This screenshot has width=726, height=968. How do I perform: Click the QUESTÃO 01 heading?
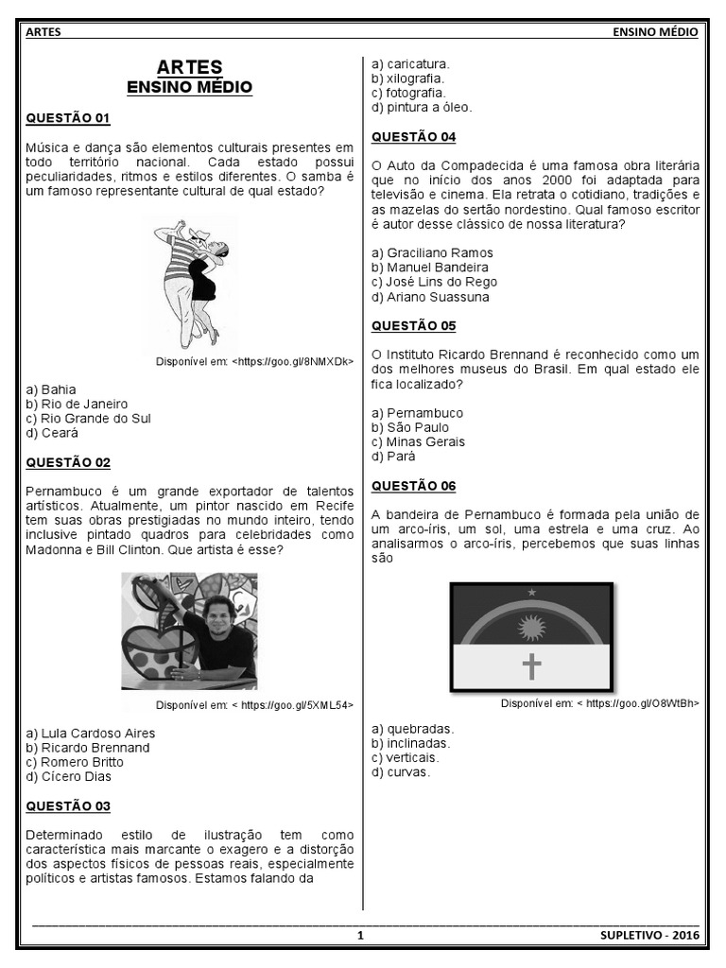68,118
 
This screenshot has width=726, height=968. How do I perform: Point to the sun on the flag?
530,626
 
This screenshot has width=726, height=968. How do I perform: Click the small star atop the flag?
531,592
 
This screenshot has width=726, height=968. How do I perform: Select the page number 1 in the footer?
360,936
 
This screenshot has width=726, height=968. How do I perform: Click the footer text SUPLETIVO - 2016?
649,936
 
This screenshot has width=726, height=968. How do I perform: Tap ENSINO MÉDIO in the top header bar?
655,32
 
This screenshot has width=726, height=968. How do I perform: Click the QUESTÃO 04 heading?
413,137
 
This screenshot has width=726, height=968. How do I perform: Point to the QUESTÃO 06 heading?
413,486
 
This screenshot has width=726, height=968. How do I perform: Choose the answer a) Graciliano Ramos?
432,253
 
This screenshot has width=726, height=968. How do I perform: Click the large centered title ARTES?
190,67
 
